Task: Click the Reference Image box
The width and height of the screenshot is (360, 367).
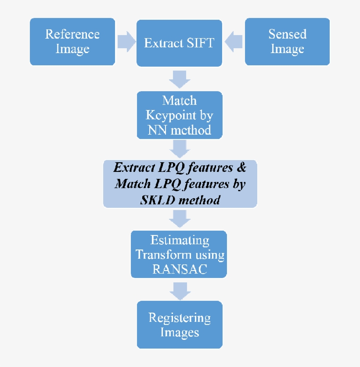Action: coord(72,42)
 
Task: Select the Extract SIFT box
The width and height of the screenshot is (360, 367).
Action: coord(179,43)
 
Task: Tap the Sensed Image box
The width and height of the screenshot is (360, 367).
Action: coord(287,42)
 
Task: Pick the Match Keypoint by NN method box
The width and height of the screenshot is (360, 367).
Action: coord(179,115)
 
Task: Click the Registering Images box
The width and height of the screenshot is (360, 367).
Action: coord(179,324)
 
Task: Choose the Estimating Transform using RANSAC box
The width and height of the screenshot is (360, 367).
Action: coord(179,254)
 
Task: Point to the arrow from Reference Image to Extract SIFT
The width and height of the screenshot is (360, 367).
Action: coord(126,42)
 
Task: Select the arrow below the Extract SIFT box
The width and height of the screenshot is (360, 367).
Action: coord(179,79)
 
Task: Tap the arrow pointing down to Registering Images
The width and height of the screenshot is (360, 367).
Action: coord(179,289)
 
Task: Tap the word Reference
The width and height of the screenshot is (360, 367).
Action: coord(72,34)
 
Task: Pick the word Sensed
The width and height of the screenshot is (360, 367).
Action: coord(287,34)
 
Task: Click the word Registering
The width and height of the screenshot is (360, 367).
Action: coord(179,317)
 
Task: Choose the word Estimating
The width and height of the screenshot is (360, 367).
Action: coord(179,240)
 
